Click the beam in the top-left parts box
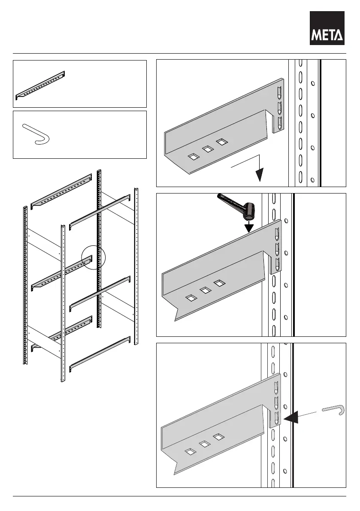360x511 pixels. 40,85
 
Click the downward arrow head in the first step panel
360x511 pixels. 259,175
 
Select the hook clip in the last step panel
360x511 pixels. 333,409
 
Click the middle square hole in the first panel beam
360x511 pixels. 208,149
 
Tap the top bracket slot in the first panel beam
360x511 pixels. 280,92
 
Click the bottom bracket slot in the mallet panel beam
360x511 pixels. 277,265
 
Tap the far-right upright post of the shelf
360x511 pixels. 136,266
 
